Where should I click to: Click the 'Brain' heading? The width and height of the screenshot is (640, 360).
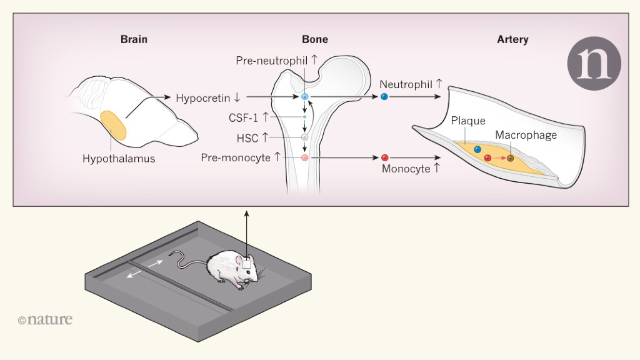click(134, 39)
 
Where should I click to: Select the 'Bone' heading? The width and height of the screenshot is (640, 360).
click(315, 39)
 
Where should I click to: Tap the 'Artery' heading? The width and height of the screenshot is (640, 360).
click(512, 39)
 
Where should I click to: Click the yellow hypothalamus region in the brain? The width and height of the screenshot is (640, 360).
click(113, 125)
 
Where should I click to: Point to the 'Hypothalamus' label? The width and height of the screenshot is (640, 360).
click(119, 159)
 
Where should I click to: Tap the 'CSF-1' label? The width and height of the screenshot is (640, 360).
click(242, 117)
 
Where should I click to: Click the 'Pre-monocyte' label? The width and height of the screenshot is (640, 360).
click(236, 157)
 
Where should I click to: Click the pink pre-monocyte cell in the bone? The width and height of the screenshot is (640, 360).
click(305, 158)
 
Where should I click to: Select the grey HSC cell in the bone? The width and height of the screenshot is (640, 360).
click(305, 137)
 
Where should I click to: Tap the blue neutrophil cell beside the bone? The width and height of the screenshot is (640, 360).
click(384, 97)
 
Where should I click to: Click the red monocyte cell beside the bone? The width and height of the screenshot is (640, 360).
click(385, 157)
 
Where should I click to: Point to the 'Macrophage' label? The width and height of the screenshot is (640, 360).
click(526, 134)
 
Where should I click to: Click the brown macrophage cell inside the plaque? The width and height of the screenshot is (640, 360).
click(510, 158)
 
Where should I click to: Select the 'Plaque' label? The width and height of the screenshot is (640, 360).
click(468, 121)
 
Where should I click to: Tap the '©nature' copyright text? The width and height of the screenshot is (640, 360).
click(45, 320)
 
